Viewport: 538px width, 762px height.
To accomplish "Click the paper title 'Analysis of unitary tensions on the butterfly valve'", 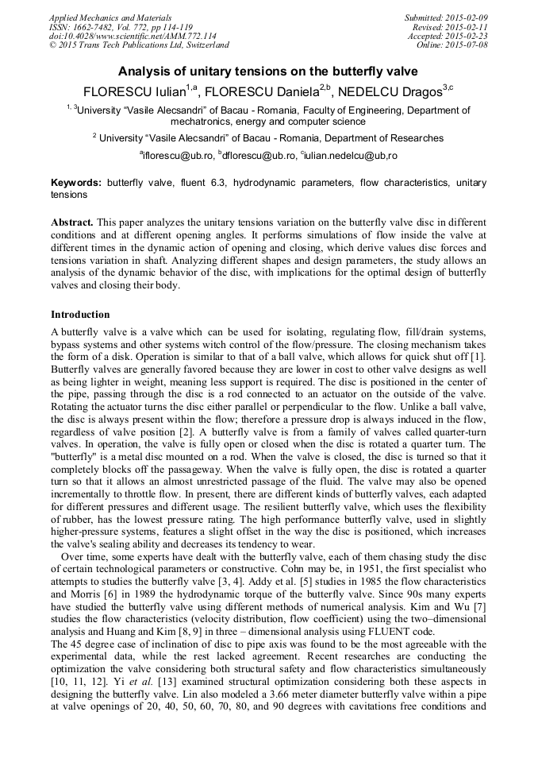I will point(268,71).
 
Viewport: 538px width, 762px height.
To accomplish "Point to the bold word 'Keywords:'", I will point(76,183).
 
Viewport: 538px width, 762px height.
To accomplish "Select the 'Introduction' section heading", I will point(80,315).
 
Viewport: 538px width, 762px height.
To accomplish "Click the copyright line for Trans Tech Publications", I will point(139,45).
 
